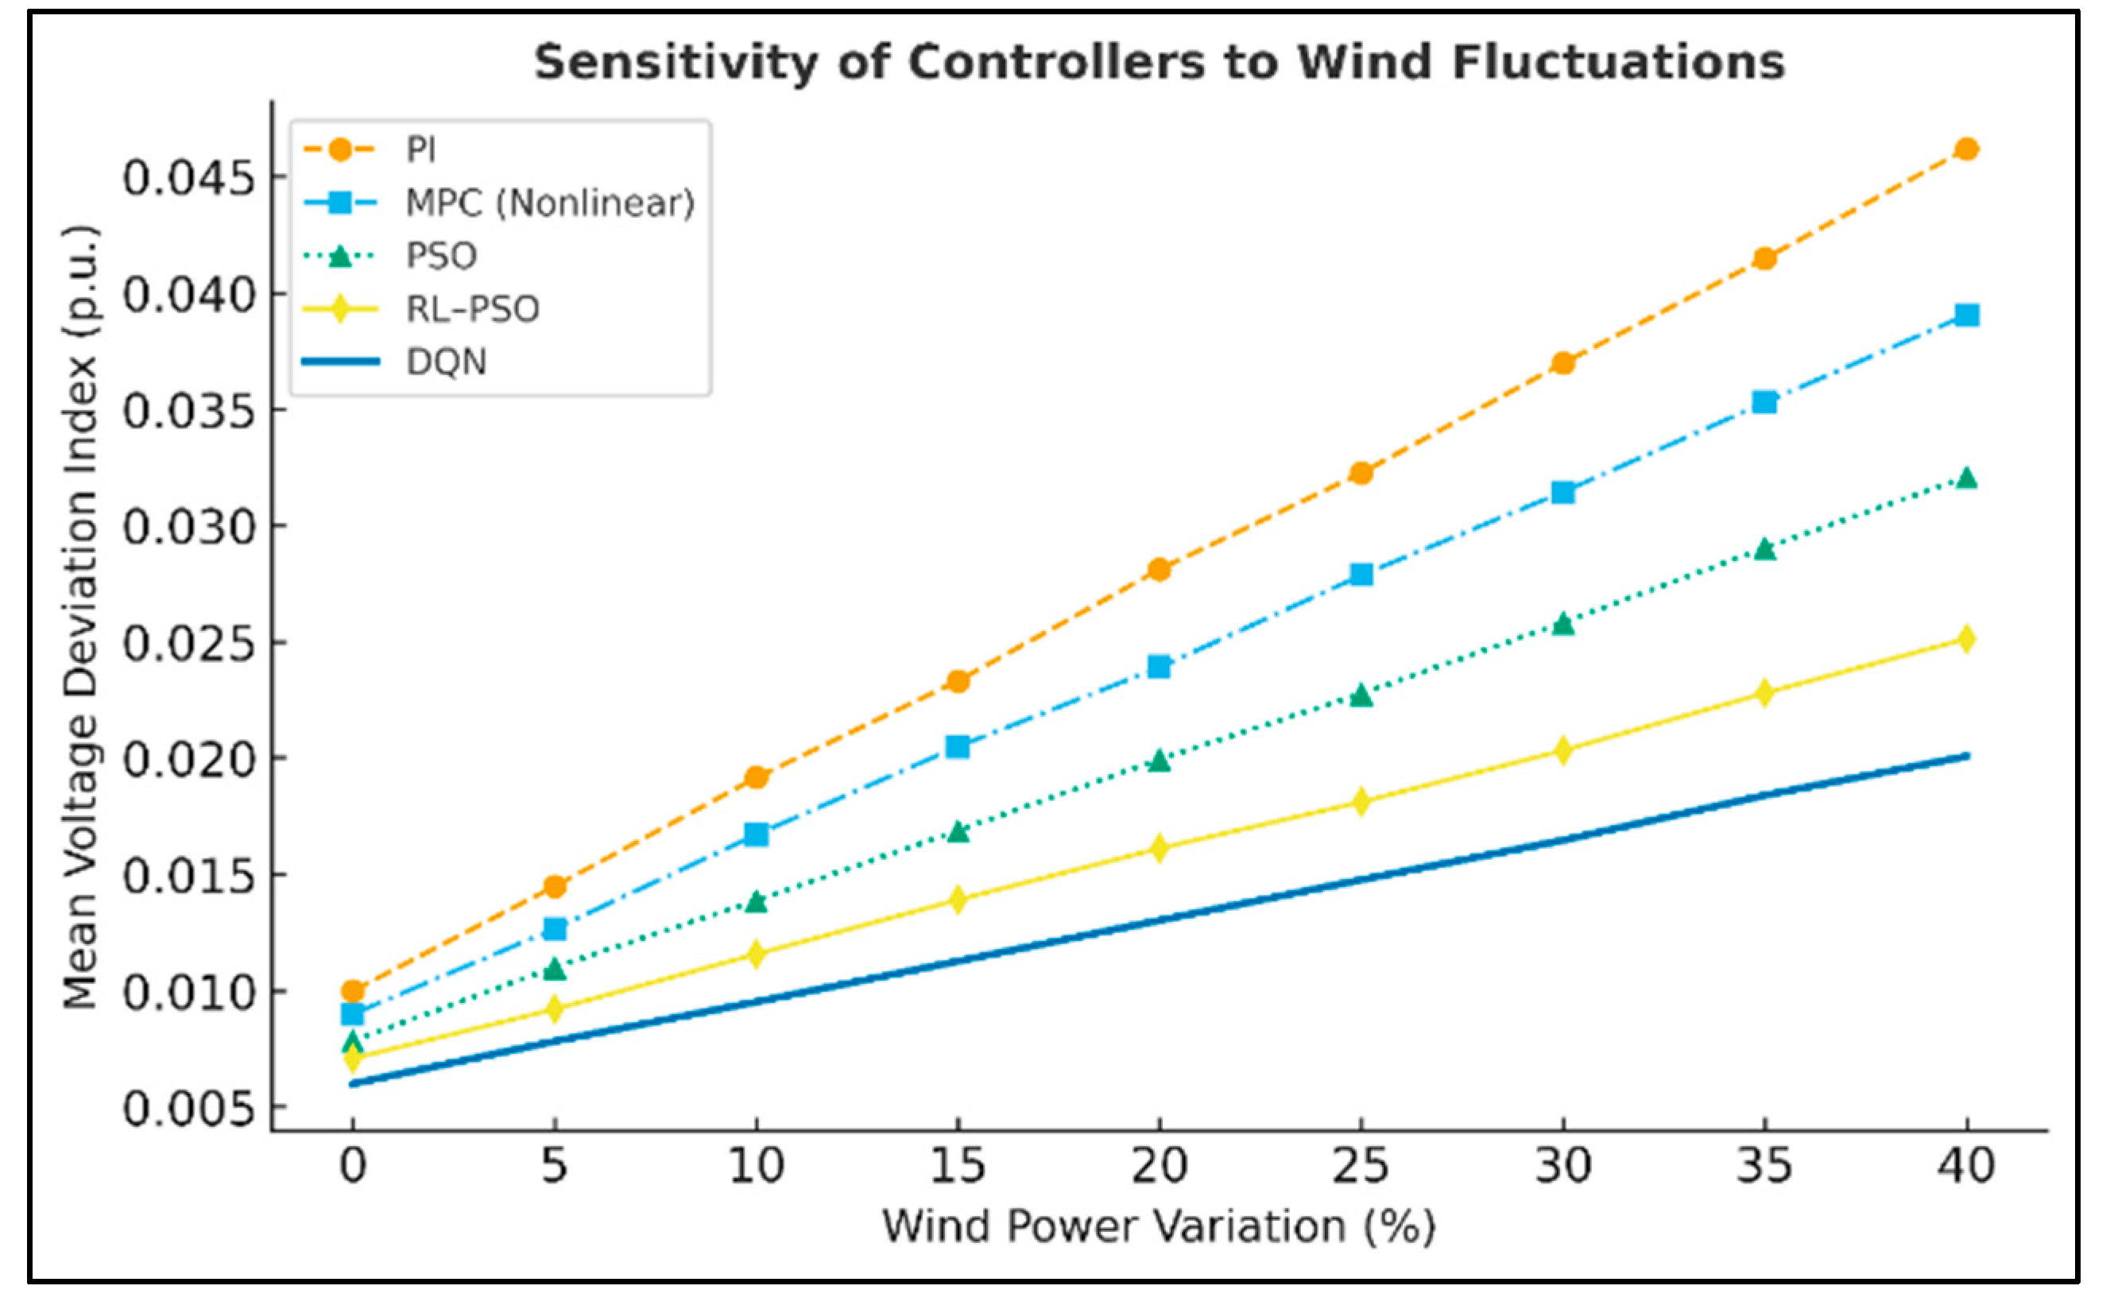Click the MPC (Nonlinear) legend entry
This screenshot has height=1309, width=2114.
pyautogui.click(x=498, y=203)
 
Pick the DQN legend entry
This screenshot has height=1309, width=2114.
pyautogui.click(x=395, y=361)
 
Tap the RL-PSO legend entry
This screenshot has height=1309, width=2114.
pyautogui.click(x=420, y=308)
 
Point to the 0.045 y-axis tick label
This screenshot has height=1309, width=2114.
pyautogui.click(x=190, y=178)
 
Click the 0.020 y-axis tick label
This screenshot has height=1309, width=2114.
pyautogui.click(x=190, y=759)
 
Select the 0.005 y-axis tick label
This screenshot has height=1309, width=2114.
pyautogui.click(x=190, y=1108)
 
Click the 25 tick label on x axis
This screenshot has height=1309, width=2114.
pyautogui.click(x=1361, y=1165)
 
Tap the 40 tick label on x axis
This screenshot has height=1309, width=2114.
pyautogui.click(x=1966, y=1165)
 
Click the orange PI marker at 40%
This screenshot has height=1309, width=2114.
pyautogui.click(x=1966, y=149)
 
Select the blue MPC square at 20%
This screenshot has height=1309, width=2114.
pyautogui.click(x=1160, y=667)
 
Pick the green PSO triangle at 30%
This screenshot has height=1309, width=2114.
pyautogui.click(x=1562, y=623)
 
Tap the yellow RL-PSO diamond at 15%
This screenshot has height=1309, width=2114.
pyautogui.click(x=958, y=899)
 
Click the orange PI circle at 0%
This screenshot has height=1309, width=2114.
pyautogui.click(x=352, y=991)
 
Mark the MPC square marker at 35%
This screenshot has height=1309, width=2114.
pyautogui.click(x=1764, y=401)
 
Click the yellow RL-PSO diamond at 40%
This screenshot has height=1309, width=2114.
pyautogui.click(x=1966, y=639)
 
